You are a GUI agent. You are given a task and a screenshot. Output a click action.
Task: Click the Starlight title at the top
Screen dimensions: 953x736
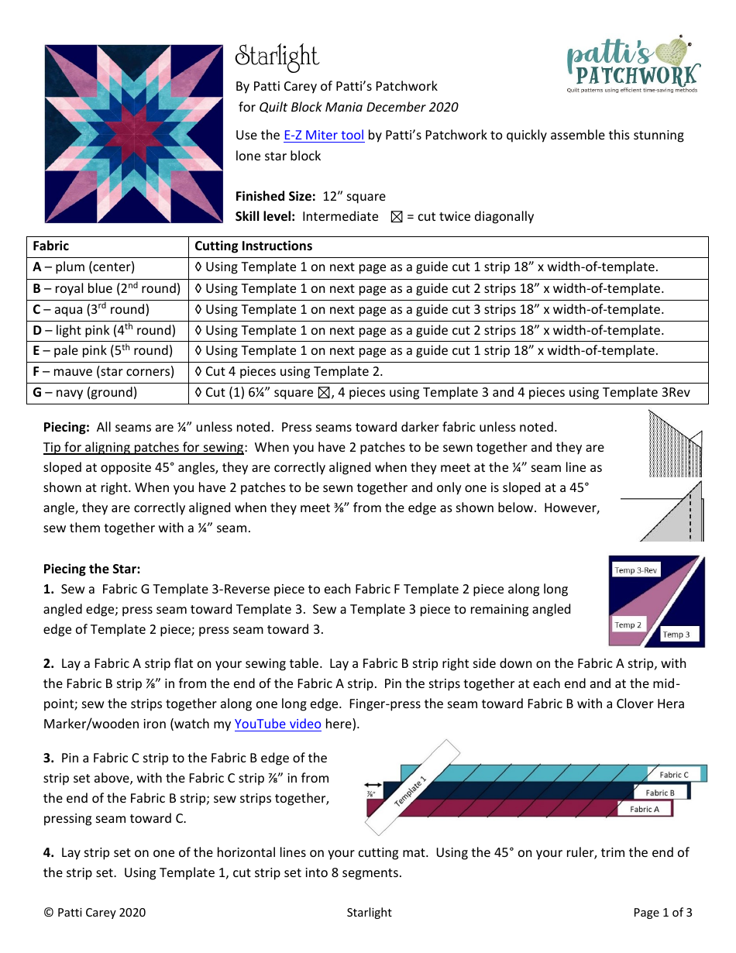point(277,57)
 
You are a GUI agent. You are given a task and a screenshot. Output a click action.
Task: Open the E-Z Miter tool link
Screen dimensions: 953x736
point(324,135)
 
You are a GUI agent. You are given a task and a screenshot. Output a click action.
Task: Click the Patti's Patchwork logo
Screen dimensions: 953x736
point(633,67)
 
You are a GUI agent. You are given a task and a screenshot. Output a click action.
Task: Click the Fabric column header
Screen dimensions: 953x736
point(51,246)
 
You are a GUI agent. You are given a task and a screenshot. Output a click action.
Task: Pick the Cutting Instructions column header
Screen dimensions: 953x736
point(253,246)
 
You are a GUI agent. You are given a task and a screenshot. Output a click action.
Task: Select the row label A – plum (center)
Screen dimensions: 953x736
point(84,267)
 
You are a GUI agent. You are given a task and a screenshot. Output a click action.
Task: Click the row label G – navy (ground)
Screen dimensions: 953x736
point(85,393)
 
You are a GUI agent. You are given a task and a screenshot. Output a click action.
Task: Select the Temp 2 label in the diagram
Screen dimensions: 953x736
point(628,624)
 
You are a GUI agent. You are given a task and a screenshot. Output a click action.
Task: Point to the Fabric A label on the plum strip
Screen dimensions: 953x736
point(644,809)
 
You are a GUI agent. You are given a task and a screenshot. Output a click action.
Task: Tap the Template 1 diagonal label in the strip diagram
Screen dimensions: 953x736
point(411,790)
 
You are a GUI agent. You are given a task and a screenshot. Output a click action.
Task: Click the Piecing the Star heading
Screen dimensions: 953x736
point(91,569)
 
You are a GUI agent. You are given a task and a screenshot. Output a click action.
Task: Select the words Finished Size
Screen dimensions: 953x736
point(275,197)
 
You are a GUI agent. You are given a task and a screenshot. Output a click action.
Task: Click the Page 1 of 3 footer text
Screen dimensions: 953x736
point(662,913)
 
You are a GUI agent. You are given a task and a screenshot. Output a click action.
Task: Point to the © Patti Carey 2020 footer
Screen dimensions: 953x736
point(95,913)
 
